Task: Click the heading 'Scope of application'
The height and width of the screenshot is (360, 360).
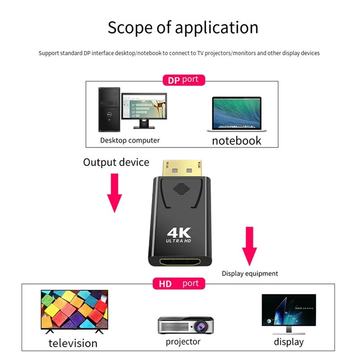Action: tap(183, 28)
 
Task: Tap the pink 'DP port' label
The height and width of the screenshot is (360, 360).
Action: tap(183, 80)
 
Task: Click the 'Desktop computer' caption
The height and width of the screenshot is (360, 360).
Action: tap(130, 140)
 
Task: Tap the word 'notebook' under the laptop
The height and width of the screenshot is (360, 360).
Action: tap(236, 140)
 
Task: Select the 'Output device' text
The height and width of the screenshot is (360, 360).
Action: tap(116, 162)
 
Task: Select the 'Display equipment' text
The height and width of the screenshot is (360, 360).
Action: tap(250, 273)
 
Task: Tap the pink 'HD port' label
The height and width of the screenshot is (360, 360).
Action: tap(179, 283)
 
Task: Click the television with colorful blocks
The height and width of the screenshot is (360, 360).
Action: tap(74, 310)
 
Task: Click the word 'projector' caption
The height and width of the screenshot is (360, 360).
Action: tap(183, 342)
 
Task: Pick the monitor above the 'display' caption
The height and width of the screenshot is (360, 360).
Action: tap(289, 312)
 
